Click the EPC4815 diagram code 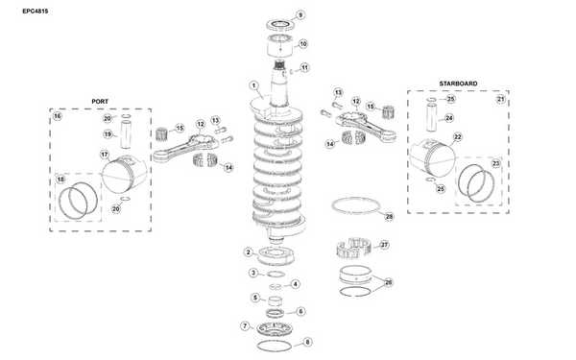[x=36, y=11]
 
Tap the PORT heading [x=100, y=102]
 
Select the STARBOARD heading [x=458, y=84]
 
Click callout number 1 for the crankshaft [x=253, y=86]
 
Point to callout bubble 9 [x=300, y=15]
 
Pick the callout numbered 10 [x=302, y=44]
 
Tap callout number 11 [x=304, y=68]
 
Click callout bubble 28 [x=389, y=216]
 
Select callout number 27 [x=384, y=245]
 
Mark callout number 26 [x=388, y=282]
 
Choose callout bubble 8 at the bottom [x=307, y=342]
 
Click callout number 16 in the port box [x=58, y=116]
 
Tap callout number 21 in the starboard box [x=501, y=99]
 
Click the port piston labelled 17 [x=124, y=174]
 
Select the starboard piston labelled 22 [x=432, y=157]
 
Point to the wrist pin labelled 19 [x=127, y=134]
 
